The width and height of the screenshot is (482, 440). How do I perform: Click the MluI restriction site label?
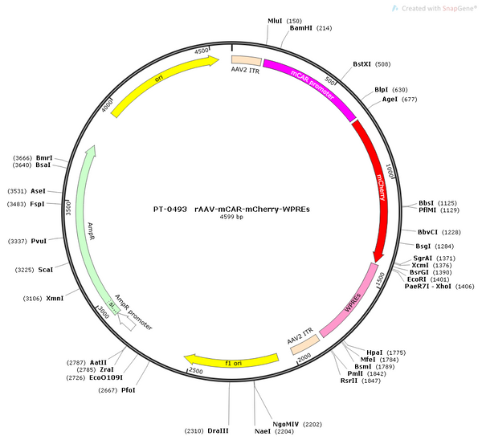275,21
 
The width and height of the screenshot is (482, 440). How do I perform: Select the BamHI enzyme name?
301,28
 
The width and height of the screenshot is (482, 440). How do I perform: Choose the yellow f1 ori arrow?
231,361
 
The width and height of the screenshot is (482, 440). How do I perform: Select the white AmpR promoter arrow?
127,322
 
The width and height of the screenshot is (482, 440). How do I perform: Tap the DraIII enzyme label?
218,431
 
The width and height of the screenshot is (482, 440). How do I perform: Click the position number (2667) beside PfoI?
108,390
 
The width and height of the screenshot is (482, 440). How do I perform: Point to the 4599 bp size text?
231,217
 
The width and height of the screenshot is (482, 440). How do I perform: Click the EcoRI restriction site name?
416,279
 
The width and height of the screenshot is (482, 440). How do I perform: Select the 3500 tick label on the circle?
68,207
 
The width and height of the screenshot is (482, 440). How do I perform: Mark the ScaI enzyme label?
46,270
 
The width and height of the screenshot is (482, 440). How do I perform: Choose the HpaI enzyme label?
374,352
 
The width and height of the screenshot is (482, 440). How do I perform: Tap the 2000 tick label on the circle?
304,357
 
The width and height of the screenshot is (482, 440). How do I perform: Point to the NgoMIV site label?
285,424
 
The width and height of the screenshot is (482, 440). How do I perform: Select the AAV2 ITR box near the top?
247,60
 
